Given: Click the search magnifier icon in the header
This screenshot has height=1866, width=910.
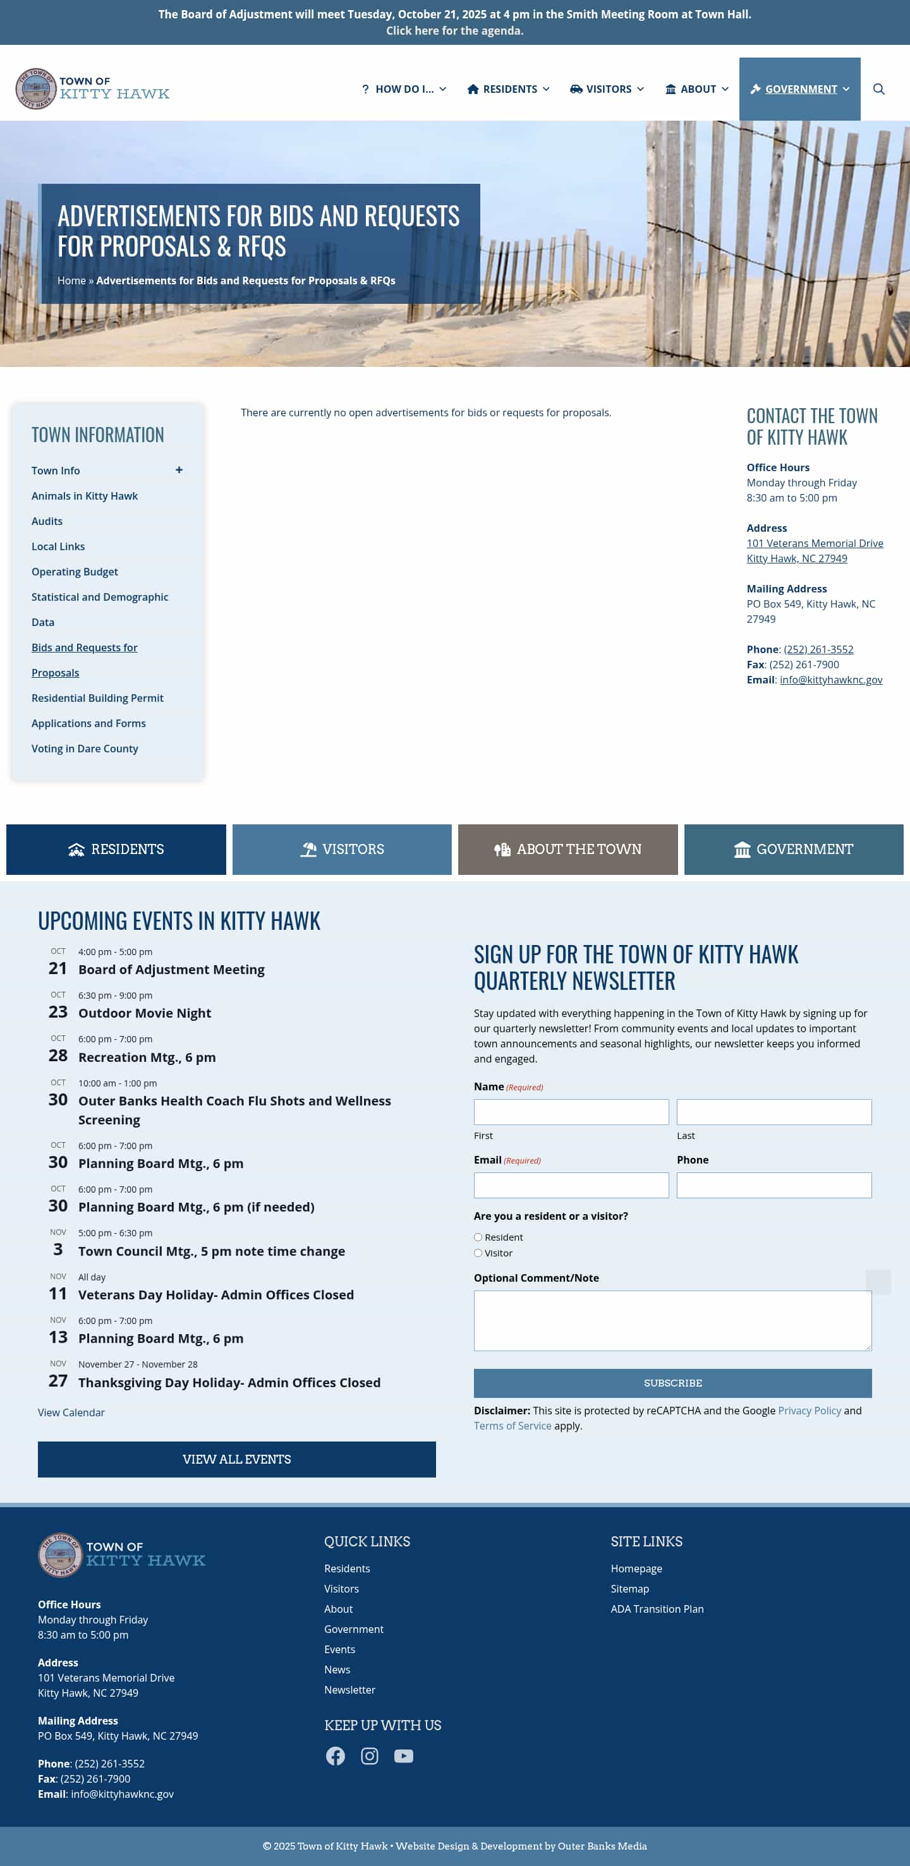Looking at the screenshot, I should [x=878, y=89].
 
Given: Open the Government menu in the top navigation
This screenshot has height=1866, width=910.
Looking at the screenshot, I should [x=799, y=89].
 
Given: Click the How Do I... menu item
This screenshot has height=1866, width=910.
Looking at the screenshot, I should [x=404, y=89].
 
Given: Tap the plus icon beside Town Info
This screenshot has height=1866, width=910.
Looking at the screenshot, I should [x=179, y=470].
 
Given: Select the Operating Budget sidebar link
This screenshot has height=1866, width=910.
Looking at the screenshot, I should [x=75, y=572].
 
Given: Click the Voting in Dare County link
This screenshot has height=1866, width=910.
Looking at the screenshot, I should [x=85, y=749].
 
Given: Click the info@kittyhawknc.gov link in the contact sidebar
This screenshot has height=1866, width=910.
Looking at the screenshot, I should [x=830, y=680].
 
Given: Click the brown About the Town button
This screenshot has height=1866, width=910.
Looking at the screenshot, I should [x=567, y=849].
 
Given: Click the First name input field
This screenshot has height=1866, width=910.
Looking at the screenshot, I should [x=571, y=1112].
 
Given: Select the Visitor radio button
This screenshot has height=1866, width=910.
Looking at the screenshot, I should [x=478, y=1253].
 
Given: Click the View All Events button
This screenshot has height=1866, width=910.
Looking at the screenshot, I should [x=237, y=1459].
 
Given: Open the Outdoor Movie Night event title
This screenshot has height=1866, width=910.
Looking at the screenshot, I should [x=145, y=1013].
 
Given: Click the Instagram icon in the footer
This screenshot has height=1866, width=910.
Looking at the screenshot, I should [x=370, y=1756].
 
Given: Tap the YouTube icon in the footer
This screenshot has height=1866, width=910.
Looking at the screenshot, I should [x=404, y=1756].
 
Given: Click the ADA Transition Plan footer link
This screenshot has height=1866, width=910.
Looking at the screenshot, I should [x=657, y=1609].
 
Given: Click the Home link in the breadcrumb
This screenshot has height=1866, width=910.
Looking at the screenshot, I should [x=71, y=280].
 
